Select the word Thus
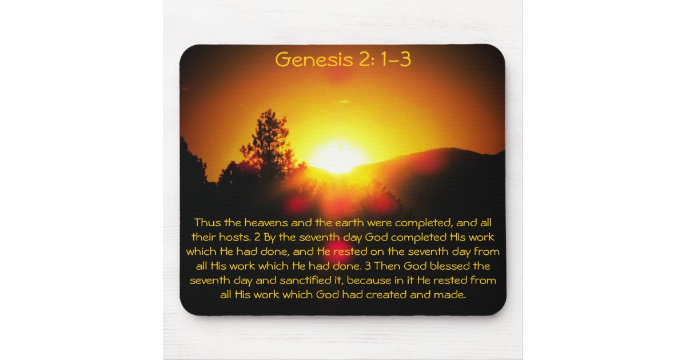coord(206,222)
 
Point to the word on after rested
coord(386,251)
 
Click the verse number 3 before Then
coord(368,266)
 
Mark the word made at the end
coord(453,295)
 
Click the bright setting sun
coord(337,155)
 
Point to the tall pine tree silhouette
coord(268,143)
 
